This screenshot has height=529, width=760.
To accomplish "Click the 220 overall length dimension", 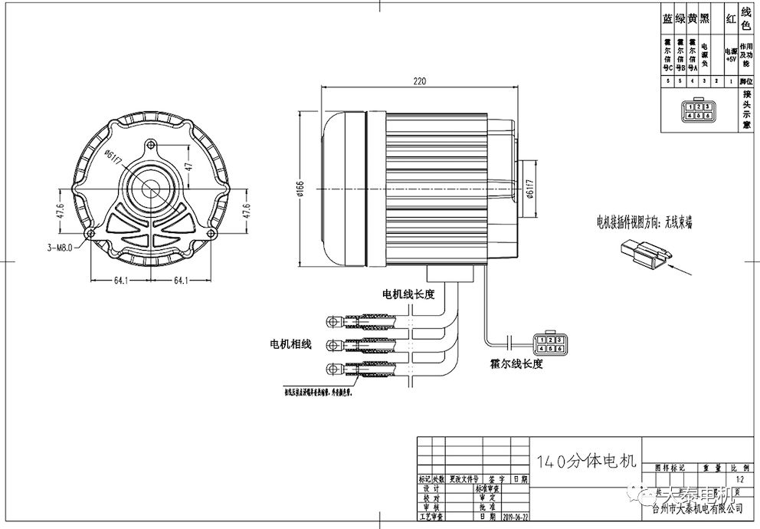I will click(x=418, y=80).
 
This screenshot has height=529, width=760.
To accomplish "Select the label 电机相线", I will click(x=290, y=344).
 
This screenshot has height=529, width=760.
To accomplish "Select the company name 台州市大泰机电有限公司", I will click(x=697, y=508).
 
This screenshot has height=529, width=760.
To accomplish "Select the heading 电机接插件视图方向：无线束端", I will click(x=644, y=222).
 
